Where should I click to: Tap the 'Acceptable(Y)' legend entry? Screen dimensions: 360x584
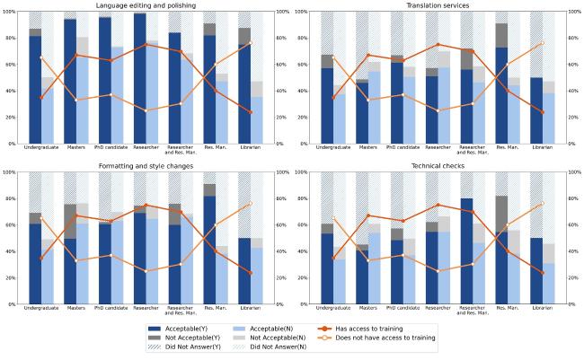(189, 329)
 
